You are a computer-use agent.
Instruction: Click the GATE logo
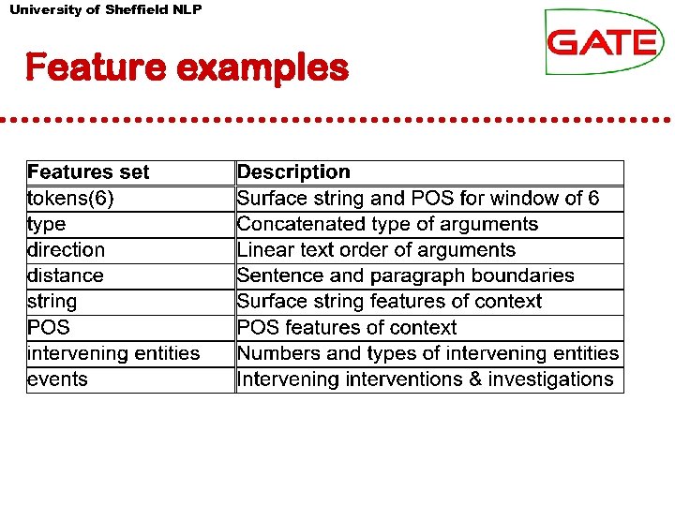pyautogui.click(x=604, y=41)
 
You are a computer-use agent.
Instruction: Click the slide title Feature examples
pyautogui.click(x=187, y=67)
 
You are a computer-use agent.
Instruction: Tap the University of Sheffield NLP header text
pyautogui.click(x=105, y=9)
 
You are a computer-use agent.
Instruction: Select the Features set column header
pyautogui.click(x=88, y=172)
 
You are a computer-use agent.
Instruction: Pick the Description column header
pyautogui.click(x=293, y=172)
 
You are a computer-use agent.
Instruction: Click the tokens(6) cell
pyautogui.click(x=71, y=199)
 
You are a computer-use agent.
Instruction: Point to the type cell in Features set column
pyautogui.click(x=47, y=224)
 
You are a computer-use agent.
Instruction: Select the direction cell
pyautogui.click(x=66, y=250)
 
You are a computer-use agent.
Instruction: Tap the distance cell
pyautogui.click(x=66, y=275)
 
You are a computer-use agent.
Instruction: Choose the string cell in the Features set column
pyautogui.click(x=52, y=302)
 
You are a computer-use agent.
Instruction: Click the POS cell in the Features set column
pyautogui.click(x=49, y=328)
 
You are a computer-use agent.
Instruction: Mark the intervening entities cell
pyautogui.click(x=113, y=353)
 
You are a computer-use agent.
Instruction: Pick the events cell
pyautogui.click(x=57, y=379)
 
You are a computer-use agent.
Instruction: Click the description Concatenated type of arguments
pyautogui.click(x=387, y=224)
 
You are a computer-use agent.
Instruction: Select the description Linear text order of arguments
pyautogui.click(x=376, y=250)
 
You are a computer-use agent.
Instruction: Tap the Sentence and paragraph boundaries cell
pyautogui.click(x=405, y=275)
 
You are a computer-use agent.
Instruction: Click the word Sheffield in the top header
pyautogui.click(x=138, y=9)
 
